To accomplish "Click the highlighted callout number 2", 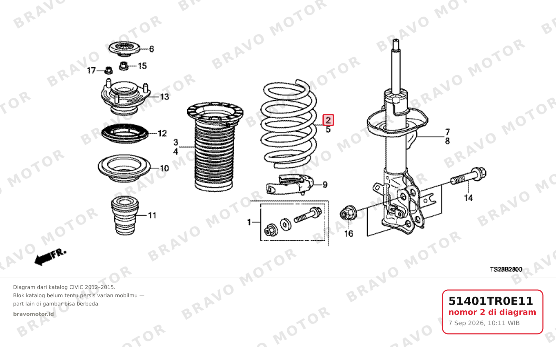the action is click(x=328, y=120).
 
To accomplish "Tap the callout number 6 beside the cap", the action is click(x=151, y=49).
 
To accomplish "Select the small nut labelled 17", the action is click(x=108, y=70).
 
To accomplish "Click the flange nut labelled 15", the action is click(x=123, y=66).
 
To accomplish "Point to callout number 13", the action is click(x=164, y=97).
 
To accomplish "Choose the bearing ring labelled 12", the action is click(x=125, y=133).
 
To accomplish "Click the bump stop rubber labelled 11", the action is click(x=125, y=216).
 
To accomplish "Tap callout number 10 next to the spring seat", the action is click(x=164, y=168).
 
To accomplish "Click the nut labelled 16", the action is click(x=348, y=213).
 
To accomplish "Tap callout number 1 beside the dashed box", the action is click(x=249, y=222).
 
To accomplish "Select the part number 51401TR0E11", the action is click(x=491, y=301).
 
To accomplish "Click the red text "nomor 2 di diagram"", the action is click(x=492, y=312).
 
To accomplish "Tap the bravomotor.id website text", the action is click(x=33, y=314).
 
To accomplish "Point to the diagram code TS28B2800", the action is click(x=506, y=269).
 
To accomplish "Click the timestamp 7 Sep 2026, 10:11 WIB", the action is click(x=484, y=323).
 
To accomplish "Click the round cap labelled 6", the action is click(x=125, y=49).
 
